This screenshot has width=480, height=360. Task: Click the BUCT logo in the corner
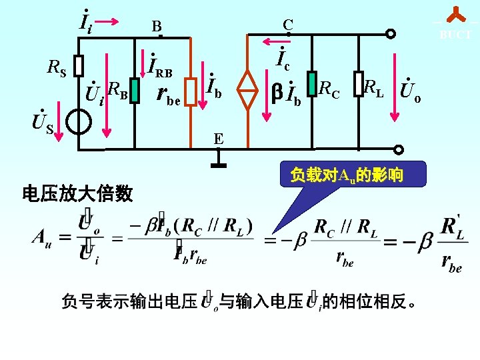[455, 24]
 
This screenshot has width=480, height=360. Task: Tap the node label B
[156, 27]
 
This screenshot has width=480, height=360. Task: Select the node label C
[287, 25]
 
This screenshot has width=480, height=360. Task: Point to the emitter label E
[218, 139]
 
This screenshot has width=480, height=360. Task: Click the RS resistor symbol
[78, 65]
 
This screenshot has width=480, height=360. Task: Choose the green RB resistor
[135, 89]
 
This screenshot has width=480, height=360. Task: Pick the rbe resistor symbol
[191, 95]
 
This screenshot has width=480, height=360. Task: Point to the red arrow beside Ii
[107, 21]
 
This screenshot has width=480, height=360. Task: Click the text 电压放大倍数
[77, 194]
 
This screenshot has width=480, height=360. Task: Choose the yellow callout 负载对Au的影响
[346, 176]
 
